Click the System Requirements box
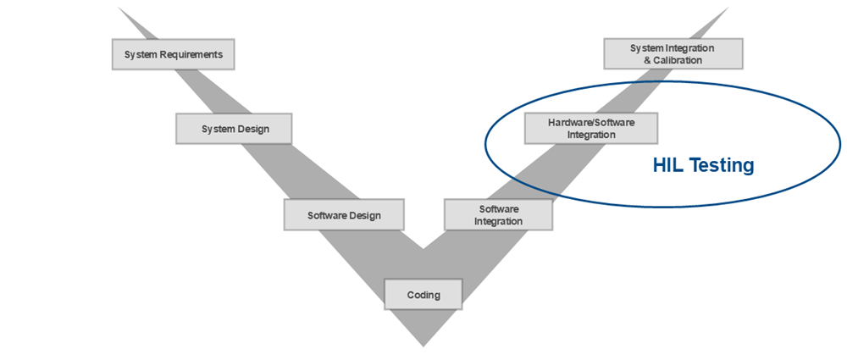(173, 55)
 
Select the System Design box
(235, 130)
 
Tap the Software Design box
(344, 215)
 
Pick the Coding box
(423, 295)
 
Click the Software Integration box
(498, 215)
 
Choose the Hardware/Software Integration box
(591, 129)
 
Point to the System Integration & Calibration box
(673, 54)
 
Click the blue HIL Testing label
(703, 166)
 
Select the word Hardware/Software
(591, 123)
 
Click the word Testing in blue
(722, 166)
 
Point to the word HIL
(668, 166)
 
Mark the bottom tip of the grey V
(423, 345)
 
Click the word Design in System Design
(252, 130)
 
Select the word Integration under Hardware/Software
(591, 135)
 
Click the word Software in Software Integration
(499, 209)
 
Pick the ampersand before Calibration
(647, 60)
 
